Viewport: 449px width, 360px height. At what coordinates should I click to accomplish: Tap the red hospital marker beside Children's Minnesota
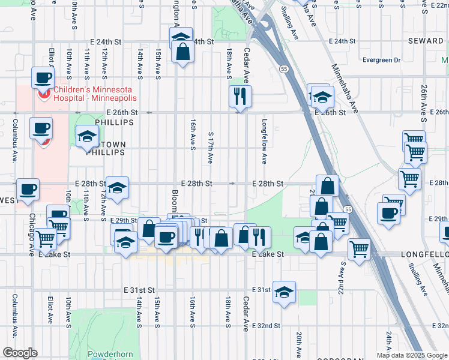[x=43, y=94]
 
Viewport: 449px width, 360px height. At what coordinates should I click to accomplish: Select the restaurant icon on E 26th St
[x=240, y=96]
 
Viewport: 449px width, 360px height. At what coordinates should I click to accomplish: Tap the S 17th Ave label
[x=210, y=148]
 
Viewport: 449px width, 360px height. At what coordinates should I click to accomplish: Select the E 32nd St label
[x=265, y=326]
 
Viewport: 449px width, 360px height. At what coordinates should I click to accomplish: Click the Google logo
[x=20, y=353]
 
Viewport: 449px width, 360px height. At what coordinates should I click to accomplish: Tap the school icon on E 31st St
[x=284, y=292]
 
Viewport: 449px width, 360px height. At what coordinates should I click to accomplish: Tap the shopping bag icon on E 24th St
[x=182, y=52]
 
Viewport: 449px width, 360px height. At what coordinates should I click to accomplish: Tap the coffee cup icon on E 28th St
[x=28, y=190]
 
